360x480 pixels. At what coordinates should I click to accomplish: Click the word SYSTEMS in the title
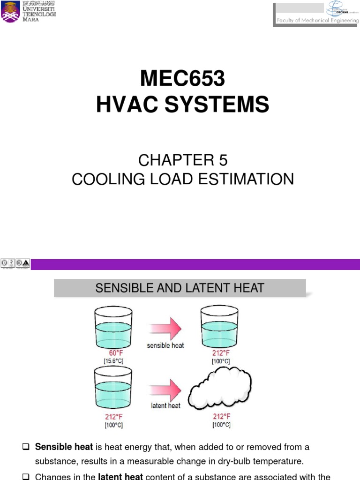[x=225, y=105]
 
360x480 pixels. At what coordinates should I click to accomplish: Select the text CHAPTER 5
[x=183, y=160]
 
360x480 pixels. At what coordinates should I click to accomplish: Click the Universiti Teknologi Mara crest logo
[x=10, y=11]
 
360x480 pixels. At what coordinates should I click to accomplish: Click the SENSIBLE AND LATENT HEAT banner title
[x=180, y=288]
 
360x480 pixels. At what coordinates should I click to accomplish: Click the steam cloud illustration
[x=220, y=389]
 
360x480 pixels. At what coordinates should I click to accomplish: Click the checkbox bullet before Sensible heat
[x=26, y=447]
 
